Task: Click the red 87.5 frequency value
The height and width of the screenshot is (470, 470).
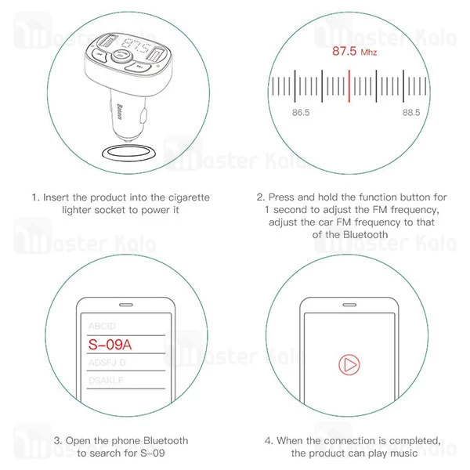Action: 344,51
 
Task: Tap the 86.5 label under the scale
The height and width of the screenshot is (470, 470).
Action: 301,112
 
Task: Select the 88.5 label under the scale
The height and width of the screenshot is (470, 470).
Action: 411,112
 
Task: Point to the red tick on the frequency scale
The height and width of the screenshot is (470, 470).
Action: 349,86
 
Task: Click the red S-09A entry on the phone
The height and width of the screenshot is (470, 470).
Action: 110,345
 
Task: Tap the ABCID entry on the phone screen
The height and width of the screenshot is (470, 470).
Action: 102,326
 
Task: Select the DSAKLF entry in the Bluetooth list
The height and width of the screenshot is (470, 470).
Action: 106,381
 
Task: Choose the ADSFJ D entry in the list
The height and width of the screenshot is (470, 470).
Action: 107,363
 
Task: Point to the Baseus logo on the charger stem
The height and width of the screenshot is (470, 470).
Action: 119,112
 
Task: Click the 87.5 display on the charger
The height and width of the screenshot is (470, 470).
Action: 136,45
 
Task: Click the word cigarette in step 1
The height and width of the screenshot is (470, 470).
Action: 189,197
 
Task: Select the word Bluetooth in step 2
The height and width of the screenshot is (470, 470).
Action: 365,234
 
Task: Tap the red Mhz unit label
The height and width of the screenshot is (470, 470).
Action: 369,52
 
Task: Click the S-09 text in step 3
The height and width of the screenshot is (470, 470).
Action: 153,453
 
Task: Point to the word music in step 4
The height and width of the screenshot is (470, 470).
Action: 403,453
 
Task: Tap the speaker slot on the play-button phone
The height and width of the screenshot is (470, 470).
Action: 349,305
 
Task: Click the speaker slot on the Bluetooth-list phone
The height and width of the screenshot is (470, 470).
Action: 126,305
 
